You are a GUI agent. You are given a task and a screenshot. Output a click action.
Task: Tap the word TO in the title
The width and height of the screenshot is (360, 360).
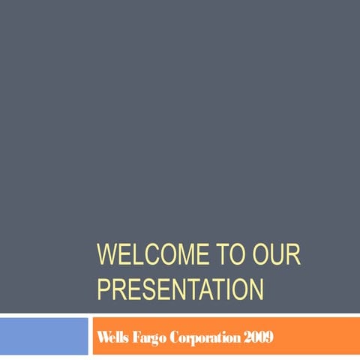click(x=232, y=254)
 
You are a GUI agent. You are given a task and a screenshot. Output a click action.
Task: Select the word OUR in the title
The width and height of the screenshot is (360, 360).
click(x=277, y=254)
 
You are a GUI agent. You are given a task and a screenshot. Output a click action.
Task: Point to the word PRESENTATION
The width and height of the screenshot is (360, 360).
click(x=180, y=288)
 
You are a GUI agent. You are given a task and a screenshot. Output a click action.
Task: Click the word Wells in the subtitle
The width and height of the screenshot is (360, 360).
click(x=111, y=337)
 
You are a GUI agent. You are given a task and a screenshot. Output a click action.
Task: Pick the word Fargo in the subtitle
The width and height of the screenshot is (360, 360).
click(x=147, y=337)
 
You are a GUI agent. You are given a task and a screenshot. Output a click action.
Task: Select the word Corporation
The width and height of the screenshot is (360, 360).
click(x=205, y=337)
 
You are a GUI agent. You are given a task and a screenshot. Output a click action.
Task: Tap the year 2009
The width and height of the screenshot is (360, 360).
click(x=257, y=337)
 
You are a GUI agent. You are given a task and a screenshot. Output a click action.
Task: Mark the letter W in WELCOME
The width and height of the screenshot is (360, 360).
click(x=106, y=254)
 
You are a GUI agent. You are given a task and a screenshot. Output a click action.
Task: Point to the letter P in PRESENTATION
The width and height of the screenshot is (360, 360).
click(x=103, y=288)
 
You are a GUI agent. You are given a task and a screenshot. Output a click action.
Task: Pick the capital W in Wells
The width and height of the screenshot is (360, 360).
click(x=101, y=337)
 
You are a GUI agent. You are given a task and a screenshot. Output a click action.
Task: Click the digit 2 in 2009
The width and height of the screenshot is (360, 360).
click(x=246, y=337)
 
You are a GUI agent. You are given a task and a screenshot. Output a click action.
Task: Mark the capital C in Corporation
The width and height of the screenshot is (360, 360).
click(x=173, y=337)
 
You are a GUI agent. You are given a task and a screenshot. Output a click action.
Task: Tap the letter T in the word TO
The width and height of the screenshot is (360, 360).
click(x=223, y=254)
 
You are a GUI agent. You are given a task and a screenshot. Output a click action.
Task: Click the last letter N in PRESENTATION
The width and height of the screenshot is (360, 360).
click(x=256, y=288)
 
